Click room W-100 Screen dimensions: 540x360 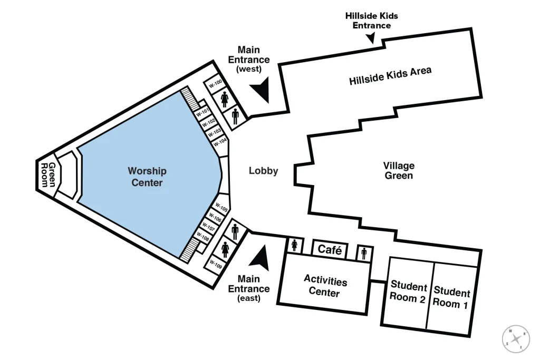tap(215, 83)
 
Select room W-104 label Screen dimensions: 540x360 tap(219, 141)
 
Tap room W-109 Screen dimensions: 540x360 tap(216, 265)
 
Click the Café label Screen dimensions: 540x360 tap(330, 249)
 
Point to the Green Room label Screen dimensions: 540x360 tap(48, 174)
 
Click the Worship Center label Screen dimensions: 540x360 tap(147, 177)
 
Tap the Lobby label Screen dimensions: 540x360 tap(264, 171)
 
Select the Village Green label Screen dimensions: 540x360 tap(399, 171)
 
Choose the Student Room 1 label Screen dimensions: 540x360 tap(451, 297)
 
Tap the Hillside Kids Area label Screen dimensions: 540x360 tap(390, 76)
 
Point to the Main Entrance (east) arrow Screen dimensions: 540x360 tap(260, 257)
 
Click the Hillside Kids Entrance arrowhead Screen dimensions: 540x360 tap(371, 38)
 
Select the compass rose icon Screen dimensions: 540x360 tap(516, 339)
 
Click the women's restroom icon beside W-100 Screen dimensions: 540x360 tap(225, 99)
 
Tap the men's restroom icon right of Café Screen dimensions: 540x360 tap(364, 254)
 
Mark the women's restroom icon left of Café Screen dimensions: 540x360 tap(294, 245)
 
